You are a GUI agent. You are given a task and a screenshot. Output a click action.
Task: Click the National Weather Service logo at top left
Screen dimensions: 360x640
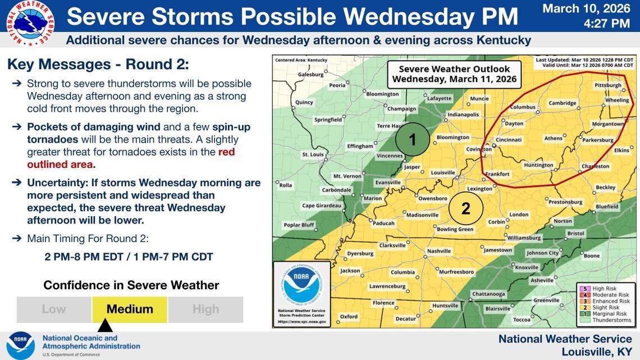click(30, 23)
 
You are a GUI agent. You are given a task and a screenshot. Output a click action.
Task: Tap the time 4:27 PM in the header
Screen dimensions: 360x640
click(606, 24)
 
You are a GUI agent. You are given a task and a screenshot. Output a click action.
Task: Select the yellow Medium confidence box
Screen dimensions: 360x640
click(130, 309)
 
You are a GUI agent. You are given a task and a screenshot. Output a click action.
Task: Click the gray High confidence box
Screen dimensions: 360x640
click(205, 309)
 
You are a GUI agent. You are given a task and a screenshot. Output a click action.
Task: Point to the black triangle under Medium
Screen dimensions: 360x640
click(106, 326)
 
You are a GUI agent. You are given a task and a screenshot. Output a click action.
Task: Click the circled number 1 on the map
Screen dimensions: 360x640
click(413, 139)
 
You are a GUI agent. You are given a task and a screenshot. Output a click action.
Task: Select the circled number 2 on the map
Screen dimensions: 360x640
click(466, 208)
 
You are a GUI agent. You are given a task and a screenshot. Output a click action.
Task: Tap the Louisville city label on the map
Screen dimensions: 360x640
click(442, 172)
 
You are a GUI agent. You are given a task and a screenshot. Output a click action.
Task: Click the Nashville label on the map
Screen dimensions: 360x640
click(438, 251)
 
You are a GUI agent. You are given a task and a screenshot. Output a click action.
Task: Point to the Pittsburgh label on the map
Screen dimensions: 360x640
click(607, 85)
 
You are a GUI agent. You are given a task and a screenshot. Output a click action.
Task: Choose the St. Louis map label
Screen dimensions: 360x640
click(313, 154)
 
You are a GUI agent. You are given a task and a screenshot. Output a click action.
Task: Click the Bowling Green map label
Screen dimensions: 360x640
click(455, 229)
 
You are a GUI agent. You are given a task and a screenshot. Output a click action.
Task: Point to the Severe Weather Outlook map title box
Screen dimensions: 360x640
click(454, 74)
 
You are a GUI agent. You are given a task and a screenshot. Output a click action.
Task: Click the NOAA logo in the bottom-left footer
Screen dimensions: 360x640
click(21, 345)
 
